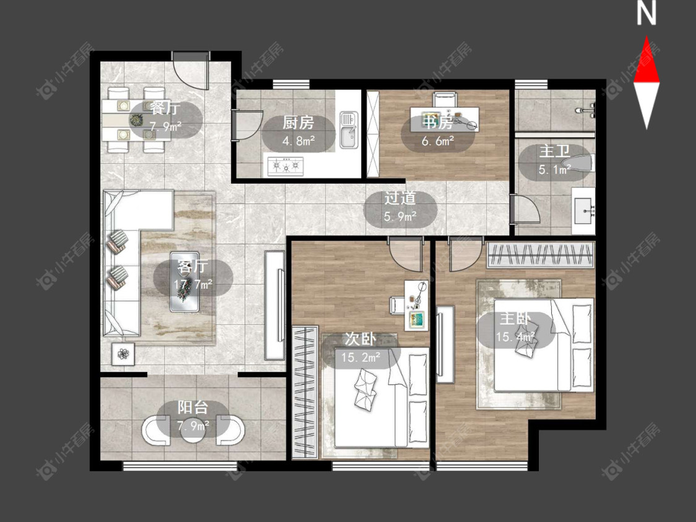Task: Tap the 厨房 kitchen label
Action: click(x=298, y=122)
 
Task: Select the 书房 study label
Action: click(x=437, y=122)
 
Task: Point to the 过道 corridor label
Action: click(x=400, y=198)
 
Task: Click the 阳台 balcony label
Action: click(x=192, y=408)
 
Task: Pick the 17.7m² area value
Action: click(x=193, y=284)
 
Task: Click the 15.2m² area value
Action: click(x=361, y=356)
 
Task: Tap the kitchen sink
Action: click(x=350, y=129)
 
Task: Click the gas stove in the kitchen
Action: click(x=286, y=166)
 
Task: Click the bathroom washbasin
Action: click(x=583, y=210)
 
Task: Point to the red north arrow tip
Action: click(x=647, y=37)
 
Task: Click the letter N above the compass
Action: click(x=647, y=14)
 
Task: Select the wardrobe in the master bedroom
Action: click(x=540, y=255)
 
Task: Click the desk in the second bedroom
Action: click(x=416, y=305)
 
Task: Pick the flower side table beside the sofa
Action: click(x=123, y=354)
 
